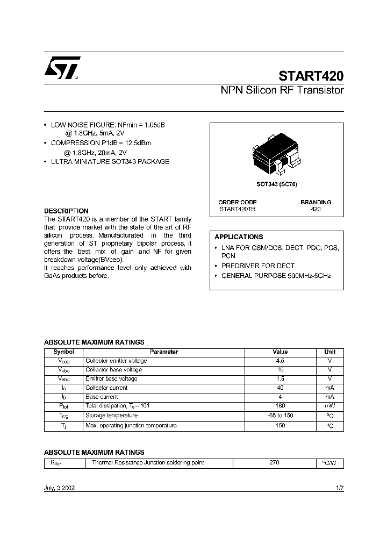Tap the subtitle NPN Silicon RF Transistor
click(282, 90)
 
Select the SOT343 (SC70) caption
click(276, 184)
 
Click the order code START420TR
click(238, 209)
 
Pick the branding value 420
click(316, 209)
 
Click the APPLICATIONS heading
click(239, 237)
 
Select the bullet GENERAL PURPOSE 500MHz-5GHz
click(276, 275)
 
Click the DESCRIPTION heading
click(66, 211)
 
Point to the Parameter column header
click(164, 352)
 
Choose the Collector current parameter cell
click(106, 388)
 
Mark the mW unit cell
click(329, 406)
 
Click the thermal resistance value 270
click(274, 462)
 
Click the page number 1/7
click(339, 488)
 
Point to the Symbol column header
click(63, 352)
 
